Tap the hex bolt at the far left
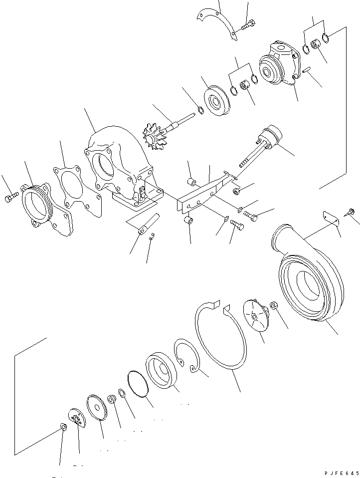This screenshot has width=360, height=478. pos(11,198)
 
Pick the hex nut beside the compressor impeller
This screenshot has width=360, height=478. pos(274,305)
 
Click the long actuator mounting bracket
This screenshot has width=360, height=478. pos(204,192)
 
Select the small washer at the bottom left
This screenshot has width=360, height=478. pos(63,426)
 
